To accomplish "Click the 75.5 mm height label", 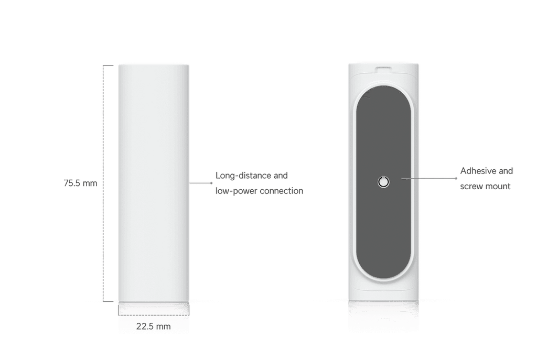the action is click(80, 183).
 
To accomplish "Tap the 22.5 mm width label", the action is click(154, 326).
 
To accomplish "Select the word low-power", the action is click(237, 191).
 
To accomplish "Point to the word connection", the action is click(282, 191).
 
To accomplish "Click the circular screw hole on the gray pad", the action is click(383, 182).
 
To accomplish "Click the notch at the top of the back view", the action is click(383, 69).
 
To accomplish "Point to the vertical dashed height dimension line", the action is click(103, 183).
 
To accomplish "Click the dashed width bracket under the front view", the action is click(154, 315).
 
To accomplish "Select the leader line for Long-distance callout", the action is click(201, 183).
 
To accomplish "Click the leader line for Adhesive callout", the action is click(429, 178).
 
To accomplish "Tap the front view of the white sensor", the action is click(154, 183).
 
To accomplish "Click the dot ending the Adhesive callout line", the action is click(456, 178).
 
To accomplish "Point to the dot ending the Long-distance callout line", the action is click(211, 183).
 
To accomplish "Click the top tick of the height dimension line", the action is click(108, 66).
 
